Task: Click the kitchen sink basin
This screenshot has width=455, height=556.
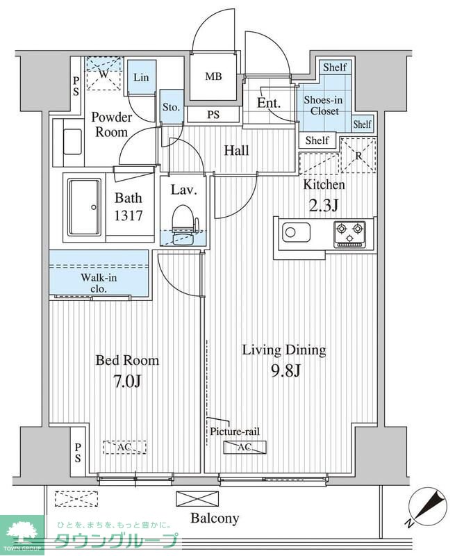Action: coord(296,233)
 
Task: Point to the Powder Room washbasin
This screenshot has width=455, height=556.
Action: coord(72,142)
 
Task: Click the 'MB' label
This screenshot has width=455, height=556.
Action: coord(213,76)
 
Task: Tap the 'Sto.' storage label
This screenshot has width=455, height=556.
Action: coord(171,107)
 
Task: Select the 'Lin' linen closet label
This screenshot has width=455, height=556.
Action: coord(141,77)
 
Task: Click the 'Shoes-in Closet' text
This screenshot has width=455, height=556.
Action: coord(323,106)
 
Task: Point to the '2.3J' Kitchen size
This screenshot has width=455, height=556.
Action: coord(324,205)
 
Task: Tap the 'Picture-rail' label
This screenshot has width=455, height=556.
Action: coord(235,431)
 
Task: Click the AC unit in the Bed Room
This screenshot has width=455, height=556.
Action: coord(125,447)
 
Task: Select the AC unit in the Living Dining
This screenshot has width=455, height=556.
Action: coord(245,447)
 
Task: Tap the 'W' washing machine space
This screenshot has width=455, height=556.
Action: coord(104,74)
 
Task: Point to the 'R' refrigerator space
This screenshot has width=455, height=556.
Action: coord(358,155)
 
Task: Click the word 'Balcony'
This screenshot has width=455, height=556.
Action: coord(215,518)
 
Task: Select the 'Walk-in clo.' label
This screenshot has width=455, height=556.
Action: coord(99,283)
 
